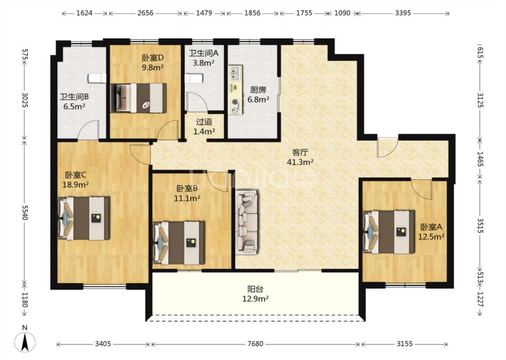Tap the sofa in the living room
click(x=246, y=222)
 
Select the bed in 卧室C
click(x=84, y=218)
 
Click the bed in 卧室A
click(x=389, y=232)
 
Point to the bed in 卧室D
click(x=139, y=98)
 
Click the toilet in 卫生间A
click(x=194, y=78)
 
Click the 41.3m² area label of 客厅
click(x=300, y=162)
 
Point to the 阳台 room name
click(x=255, y=289)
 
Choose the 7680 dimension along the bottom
click(x=255, y=344)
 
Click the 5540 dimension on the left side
click(x=25, y=212)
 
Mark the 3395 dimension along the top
click(x=403, y=13)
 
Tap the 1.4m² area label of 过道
click(x=204, y=131)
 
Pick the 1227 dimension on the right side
click(x=480, y=300)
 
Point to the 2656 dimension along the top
click(x=145, y=13)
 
